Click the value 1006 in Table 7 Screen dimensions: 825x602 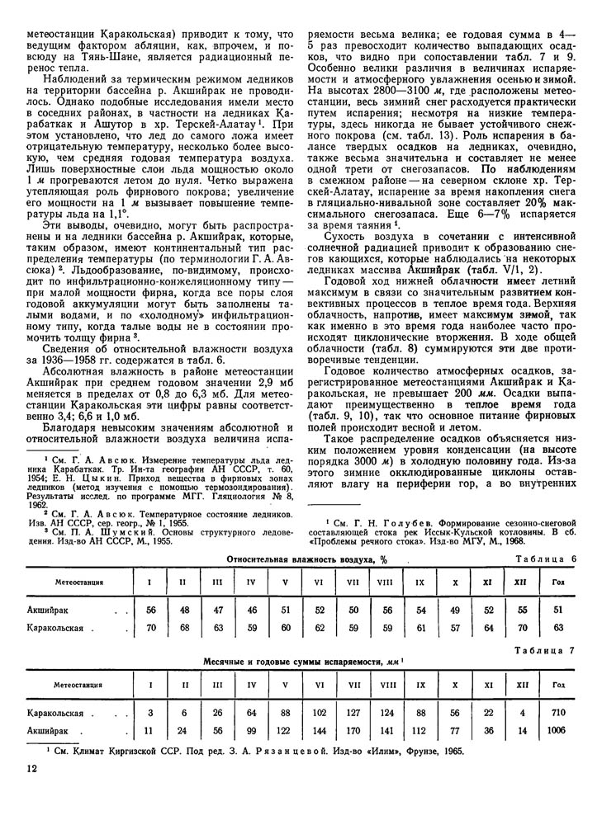coord(559,730)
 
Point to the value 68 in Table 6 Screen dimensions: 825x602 coord(182,628)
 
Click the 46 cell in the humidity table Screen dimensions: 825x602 coord(250,610)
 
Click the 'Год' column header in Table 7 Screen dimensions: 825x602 coord(559,684)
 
